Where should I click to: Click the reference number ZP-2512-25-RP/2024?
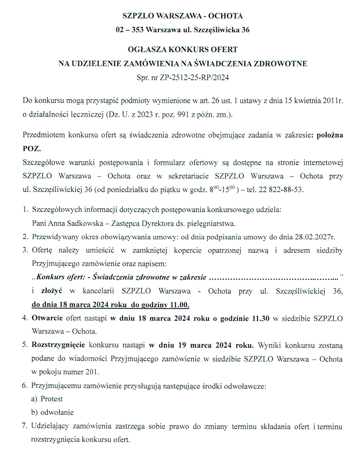point(192,77)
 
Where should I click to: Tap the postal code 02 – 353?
point(129,30)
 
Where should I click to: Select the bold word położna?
point(329,135)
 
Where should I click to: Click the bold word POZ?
point(32,149)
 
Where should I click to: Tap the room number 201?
point(92,372)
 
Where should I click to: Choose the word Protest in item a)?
point(51,399)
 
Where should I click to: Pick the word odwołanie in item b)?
point(57,412)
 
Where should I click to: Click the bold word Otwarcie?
point(48,318)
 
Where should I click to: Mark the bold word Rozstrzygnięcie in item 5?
point(58,345)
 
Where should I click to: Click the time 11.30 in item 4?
point(261,318)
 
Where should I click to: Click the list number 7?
point(25,426)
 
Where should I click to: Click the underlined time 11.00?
point(179,305)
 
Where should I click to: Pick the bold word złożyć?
point(52,291)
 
